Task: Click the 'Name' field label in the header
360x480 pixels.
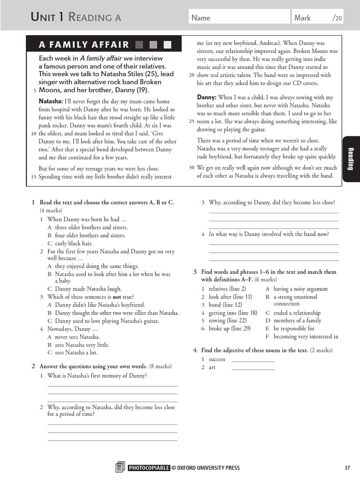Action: point(201,18)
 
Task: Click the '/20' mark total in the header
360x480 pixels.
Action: point(337,18)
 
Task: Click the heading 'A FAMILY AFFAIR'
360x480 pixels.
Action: point(83,45)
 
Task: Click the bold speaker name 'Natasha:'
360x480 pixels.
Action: point(51,101)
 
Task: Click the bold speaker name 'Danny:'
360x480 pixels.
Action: point(206,97)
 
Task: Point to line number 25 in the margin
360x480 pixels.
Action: point(192,121)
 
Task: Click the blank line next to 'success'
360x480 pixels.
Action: point(253,360)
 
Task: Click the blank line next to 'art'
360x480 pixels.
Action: point(253,368)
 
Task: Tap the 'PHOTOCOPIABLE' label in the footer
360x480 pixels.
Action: point(149,467)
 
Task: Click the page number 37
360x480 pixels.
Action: point(347,467)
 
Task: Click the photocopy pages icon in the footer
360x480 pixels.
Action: point(120,467)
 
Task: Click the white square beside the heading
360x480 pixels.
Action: point(167,45)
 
